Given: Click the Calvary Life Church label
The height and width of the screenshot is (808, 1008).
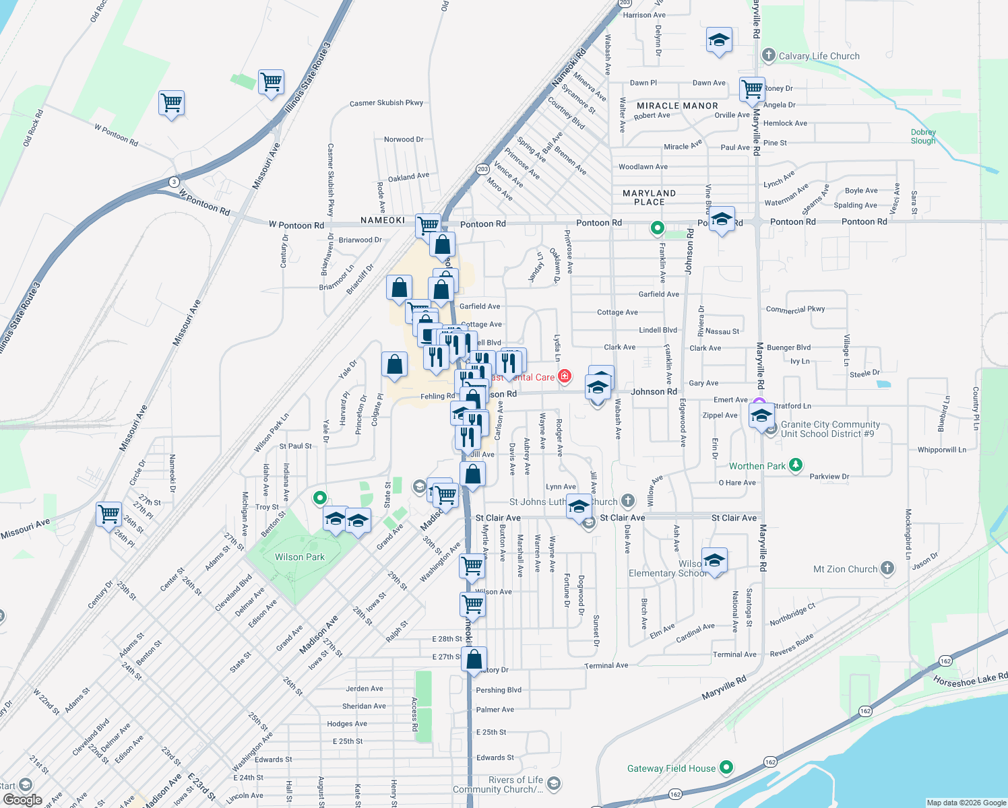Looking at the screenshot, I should pos(819,57).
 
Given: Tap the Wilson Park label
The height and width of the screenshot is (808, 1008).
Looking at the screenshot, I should pos(299,557).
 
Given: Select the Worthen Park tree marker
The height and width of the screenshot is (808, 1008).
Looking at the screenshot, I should pos(796,465).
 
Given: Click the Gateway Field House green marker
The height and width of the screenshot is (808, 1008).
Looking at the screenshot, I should pos(726,767).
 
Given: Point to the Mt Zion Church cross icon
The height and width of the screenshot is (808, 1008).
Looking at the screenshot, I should pos(887,568).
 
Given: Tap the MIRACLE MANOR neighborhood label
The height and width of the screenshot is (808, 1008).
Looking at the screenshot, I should pos(677,106).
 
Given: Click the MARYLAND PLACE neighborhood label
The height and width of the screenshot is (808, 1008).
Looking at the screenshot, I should pos(649,197).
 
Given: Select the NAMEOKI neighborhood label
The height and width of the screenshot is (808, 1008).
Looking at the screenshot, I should pos(383,220).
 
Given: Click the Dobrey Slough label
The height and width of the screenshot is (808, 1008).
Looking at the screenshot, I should pos(923,137).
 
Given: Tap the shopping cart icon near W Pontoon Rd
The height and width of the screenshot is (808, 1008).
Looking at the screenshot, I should pos(171,103).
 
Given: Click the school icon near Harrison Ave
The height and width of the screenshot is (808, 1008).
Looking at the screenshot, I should pos(719,39).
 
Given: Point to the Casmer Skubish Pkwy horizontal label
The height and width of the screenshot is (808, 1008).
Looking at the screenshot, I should pos(386,103).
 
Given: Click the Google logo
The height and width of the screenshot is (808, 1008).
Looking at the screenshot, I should pos(22,800).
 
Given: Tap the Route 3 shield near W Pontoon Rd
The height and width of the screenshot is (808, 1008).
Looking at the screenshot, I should pos(174,182).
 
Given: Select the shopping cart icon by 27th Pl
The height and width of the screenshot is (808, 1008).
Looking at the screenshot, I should pos(108,514).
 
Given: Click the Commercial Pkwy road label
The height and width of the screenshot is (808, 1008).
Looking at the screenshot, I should pos(795,309).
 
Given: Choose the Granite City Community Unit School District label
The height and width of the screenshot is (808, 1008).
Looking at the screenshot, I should pos(830,429).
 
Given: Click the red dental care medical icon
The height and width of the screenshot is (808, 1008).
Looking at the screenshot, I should pos(565,376).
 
